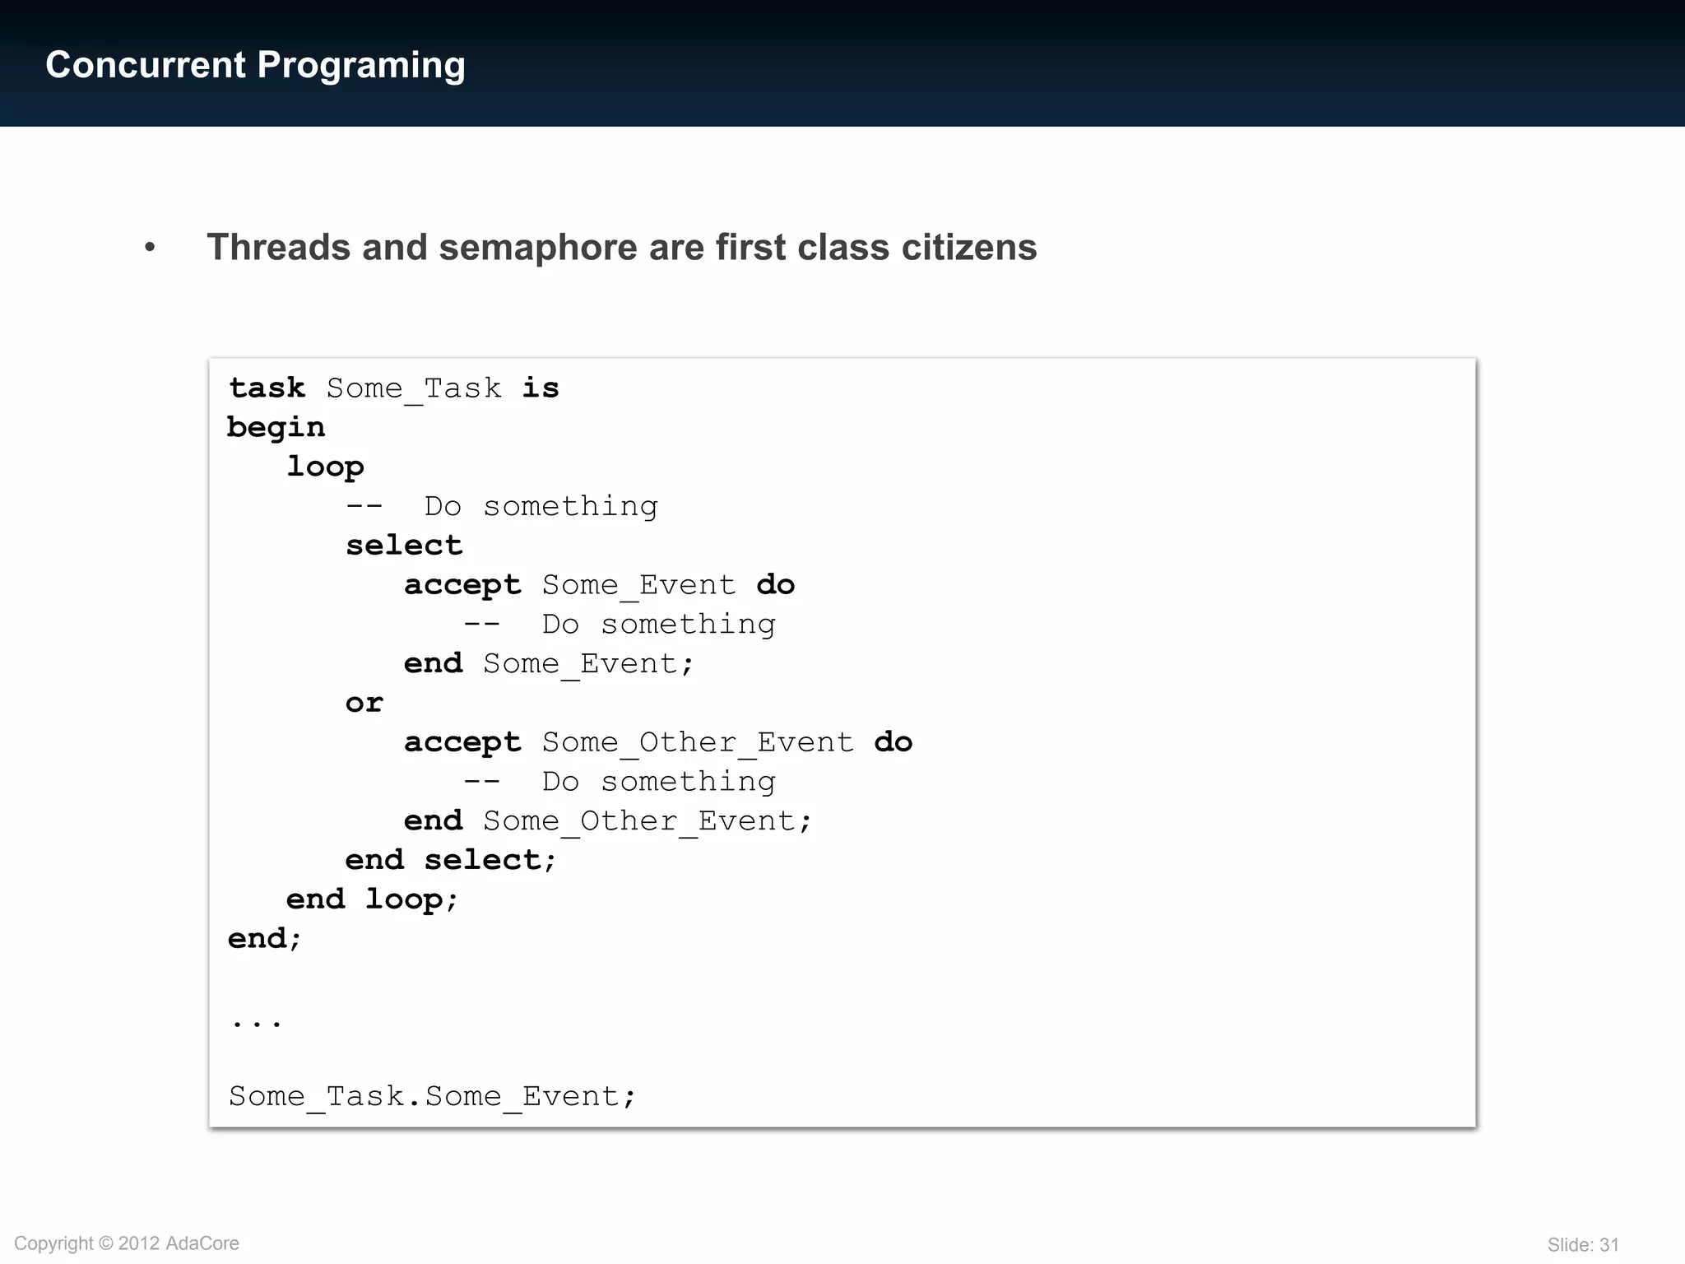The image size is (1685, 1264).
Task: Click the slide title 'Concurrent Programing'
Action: [x=255, y=65]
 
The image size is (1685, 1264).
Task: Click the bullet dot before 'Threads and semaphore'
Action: [x=150, y=247]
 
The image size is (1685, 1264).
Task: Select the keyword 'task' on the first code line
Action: [x=267, y=388]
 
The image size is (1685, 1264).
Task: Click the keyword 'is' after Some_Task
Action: [x=541, y=388]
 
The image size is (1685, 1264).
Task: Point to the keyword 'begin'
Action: [x=276, y=427]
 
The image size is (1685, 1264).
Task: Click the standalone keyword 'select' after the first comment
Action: [x=404, y=545]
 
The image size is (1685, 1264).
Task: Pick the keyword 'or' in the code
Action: [x=364, y=702]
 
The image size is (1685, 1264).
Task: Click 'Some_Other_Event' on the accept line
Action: [x=698, y=741]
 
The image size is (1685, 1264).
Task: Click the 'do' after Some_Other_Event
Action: [x=893, y=741]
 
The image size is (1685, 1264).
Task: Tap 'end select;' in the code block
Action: [x=451, y=859]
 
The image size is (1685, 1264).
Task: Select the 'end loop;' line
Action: [x=372, y=899]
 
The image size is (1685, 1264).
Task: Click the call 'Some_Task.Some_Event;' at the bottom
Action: [x=432, y=1096]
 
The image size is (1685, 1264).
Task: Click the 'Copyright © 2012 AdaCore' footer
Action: [x=127, y=1243]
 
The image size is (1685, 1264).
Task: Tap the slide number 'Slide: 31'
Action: [x=1582, y=1244]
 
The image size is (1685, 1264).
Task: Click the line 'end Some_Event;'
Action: [x=549, y=662]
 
